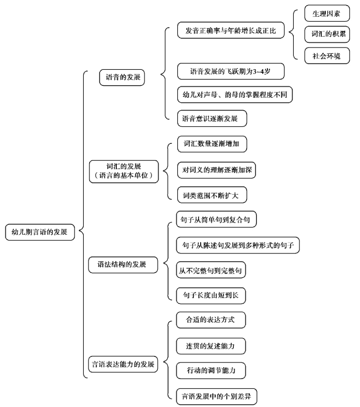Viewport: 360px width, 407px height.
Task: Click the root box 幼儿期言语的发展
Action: tap(40, 232)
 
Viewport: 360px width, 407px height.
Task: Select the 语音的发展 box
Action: tap(122, 78)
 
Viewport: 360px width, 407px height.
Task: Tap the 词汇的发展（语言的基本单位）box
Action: tap(124, 172)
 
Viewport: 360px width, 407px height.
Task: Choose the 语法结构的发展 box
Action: tap(123, 265)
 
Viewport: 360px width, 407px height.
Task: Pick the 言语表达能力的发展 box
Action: tap(123, 364)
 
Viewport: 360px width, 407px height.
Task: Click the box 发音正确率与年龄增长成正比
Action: tap(231, 31)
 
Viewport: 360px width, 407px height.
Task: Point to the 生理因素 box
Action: tap(327, 13)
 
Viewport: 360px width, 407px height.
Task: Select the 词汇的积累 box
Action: tap(327, 34)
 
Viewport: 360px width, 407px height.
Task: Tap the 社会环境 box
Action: tap(327, 55)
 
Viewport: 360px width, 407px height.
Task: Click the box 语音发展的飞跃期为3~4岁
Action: tap(231, 71)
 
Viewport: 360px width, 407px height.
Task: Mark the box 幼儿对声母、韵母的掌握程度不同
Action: tap(235, 95)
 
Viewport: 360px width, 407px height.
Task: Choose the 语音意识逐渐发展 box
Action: tap(212, 118)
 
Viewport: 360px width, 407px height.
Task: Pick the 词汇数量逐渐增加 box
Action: tap(212, 144)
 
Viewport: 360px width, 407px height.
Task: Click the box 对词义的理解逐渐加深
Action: tap(217, 170)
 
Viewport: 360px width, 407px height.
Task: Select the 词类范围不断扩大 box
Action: tap(212, 195)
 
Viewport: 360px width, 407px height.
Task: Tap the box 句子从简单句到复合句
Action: tap(216, 219)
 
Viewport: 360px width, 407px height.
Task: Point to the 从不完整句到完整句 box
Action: tap(211, 270)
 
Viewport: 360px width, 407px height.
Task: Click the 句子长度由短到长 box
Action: tap(211, 296)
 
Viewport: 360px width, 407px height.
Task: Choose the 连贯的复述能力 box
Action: tap(211, 346)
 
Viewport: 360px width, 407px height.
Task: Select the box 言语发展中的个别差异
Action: tap(217, 397)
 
